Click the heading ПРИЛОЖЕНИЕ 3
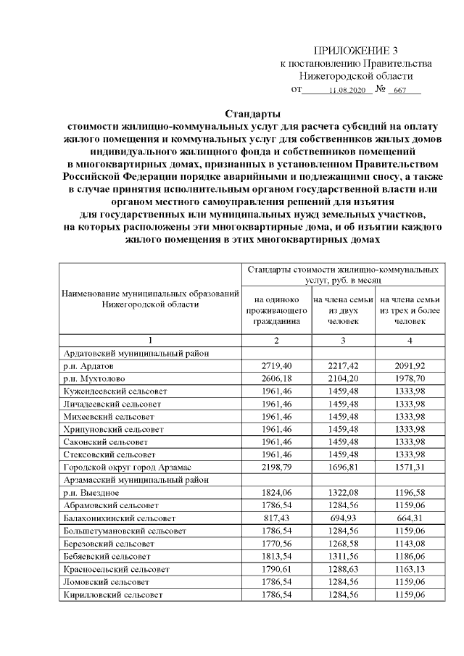pyautogui.click(x=355, y=50)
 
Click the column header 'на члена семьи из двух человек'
pyautogui.click(x=343, y=310)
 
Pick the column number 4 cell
pyautogui.click(x=410, y=340)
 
